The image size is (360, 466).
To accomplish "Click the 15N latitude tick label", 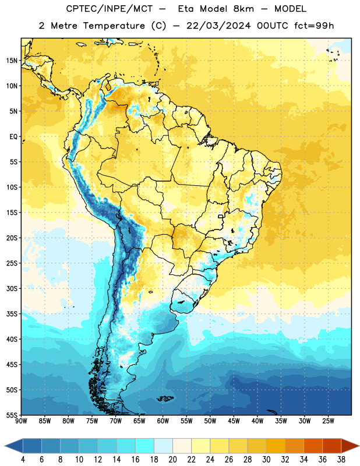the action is click(12, 61).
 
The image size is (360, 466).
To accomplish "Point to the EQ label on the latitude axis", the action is click(13, 137).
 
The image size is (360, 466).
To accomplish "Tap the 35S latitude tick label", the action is click(12, 314).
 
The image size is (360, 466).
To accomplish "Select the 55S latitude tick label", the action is click(12, 415).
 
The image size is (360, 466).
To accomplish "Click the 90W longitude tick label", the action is click(21, 421).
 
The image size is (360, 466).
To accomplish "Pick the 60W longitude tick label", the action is click(163, 421).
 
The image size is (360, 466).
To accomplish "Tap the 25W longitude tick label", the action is click(328, 421).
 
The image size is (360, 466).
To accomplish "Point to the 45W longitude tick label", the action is click(234, 421).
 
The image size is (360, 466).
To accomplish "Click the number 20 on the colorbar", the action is click(172, 460).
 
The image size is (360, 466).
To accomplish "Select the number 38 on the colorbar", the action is click(341, 460).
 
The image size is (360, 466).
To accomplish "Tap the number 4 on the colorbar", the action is click(23, 460).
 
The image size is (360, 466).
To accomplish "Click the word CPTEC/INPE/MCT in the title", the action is click(109, 9).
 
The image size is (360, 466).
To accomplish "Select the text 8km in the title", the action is click(243, 9).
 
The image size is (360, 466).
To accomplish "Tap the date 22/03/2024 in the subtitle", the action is click(218, 26).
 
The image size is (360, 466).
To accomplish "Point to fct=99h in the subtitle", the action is click(314, 26).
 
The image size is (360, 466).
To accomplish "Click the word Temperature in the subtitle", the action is click(114, 26).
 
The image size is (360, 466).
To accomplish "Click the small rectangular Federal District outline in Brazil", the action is click(221, 216).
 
